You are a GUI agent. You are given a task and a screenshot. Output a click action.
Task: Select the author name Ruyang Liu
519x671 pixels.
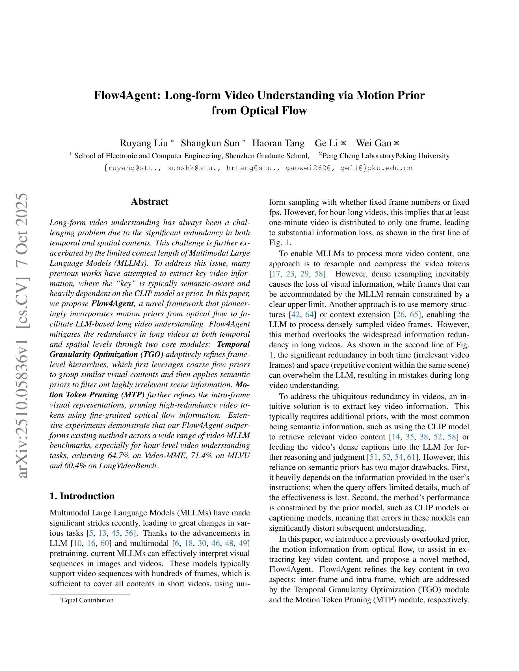click(x=144, y=143)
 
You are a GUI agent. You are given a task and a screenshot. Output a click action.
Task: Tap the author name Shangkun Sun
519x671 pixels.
click(x=210, y=143)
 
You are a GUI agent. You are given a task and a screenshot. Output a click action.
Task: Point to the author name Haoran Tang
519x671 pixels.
click(x=278, y=143)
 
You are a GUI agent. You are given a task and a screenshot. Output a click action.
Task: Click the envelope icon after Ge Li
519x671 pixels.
click(x=343, y=143)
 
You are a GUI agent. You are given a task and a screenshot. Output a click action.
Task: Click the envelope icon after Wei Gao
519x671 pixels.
click(x=397, y=143)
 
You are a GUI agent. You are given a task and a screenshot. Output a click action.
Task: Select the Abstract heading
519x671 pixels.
click(x=150, y=202)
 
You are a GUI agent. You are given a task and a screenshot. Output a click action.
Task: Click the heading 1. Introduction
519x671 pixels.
click(x=82, y=496)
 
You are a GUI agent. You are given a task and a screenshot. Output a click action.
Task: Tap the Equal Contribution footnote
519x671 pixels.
click(x=87, y=600)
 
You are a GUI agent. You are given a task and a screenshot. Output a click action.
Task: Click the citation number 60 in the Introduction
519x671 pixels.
click(x=105, y=543)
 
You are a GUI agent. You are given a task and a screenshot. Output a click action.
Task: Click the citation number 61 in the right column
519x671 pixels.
click(x=411, y=457)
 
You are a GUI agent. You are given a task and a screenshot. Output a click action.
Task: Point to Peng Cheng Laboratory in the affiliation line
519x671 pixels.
click(x=358, y=156)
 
